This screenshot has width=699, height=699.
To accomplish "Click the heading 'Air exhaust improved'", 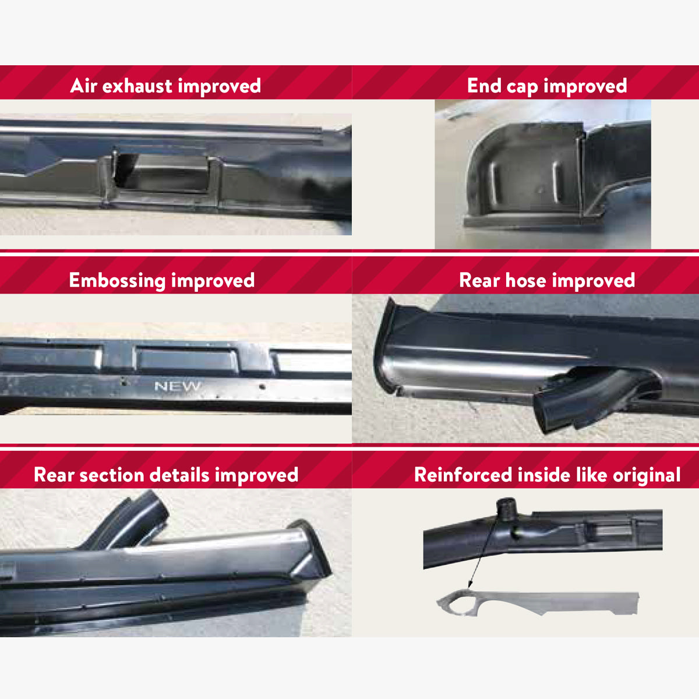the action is coord(165,86).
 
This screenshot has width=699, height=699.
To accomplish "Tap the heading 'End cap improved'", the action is coord(547,86).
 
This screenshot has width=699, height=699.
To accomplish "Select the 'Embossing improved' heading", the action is coord(162,281).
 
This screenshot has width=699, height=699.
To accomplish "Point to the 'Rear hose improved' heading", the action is coord(547,281).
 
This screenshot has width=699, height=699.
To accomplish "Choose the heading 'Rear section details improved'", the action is coord(166,475).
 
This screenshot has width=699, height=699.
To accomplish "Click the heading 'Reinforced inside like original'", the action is coord(548,475).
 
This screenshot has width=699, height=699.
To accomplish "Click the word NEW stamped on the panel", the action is coord(178,386).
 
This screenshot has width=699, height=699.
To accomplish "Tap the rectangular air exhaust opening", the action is coord(161,172).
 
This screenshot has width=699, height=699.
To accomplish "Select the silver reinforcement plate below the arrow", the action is coord(538,603).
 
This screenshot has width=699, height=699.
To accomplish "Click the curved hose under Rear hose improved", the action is coord(595,398).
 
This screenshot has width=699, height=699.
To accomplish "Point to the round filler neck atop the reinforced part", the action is coord(506,509).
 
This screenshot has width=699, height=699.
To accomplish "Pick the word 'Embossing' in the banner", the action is coord(118,281).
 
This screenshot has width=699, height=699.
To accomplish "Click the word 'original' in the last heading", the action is coord(647,476).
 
